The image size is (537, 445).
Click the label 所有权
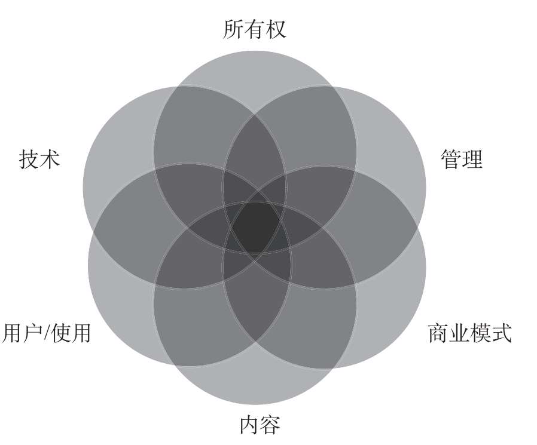click(255, 29)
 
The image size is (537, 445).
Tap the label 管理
click(461, 159)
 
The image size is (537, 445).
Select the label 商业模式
click(470, 333)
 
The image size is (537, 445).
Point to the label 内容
click(260, 425)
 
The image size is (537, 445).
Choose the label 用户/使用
click(47, 333)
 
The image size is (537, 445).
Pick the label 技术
click(39, 159)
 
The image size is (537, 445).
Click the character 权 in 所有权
click(276, 29)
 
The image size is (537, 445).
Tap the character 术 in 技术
click(50, 159)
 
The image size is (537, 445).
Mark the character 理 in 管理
click(472, 159)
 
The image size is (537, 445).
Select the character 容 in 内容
click(270, 425)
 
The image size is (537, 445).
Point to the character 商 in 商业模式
click(438, 333)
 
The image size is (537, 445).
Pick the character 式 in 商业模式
click(502, 333)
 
